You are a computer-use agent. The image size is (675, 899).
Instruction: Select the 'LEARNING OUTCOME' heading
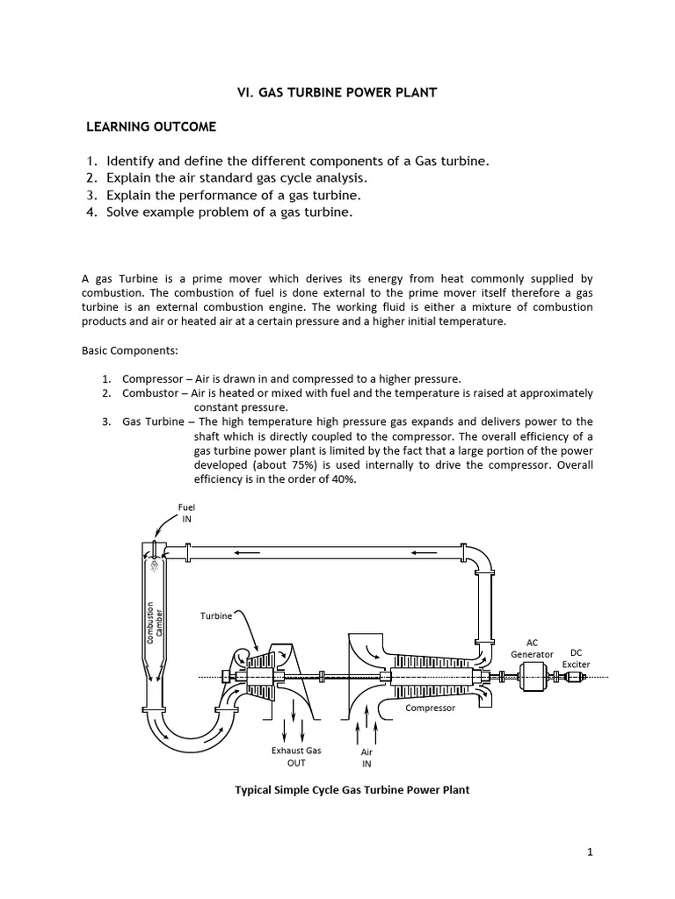click(150, 127)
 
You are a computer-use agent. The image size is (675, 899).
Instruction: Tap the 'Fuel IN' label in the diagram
click(185, 513)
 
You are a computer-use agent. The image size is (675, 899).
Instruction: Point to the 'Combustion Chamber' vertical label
click(154, 623)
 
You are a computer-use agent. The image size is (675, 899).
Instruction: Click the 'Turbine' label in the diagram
click(215, 616)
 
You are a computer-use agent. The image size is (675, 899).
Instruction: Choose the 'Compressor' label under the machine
click(430, 708)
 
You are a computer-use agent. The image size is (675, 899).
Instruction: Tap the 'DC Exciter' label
click(576, 658)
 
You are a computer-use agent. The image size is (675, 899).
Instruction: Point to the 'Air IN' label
click(367, 759)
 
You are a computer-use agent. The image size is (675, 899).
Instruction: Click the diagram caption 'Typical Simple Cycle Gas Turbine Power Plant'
click(352, 790)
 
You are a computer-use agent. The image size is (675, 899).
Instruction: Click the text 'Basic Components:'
click(129, 350)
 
